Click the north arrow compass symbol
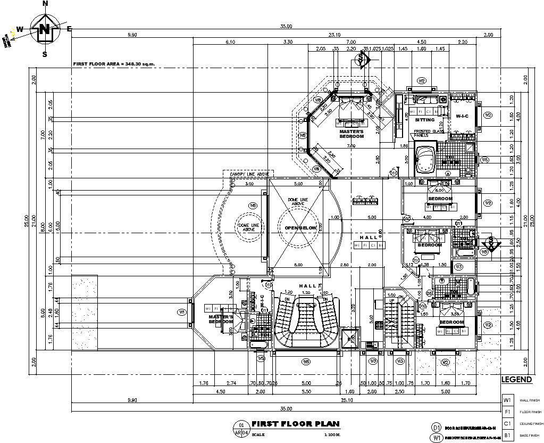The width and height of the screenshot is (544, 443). click(45, 29)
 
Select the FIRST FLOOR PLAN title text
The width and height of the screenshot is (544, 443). click(295, 424)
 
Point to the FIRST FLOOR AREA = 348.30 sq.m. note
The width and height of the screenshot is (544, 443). click(118, 64)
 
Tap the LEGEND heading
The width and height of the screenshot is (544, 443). click(516, 380)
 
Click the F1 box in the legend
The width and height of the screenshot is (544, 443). click(508, 412)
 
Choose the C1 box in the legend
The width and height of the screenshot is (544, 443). click(508, 423)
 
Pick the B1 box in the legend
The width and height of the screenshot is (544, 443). click(508, 435)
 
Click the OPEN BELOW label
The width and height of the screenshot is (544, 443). click(300, 228)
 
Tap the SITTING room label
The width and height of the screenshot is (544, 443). click(425, 120)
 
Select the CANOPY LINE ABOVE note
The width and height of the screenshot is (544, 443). click(249, 174)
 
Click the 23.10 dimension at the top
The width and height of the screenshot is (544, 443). click(335, 35)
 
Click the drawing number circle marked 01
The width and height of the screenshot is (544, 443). click(241, 425)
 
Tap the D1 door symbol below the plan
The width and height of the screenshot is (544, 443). click(437, 428)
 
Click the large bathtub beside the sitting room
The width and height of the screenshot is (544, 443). click(425, 159)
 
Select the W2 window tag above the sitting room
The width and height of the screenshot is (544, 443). click(422, 81)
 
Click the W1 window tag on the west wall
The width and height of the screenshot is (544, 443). click(182, 312)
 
